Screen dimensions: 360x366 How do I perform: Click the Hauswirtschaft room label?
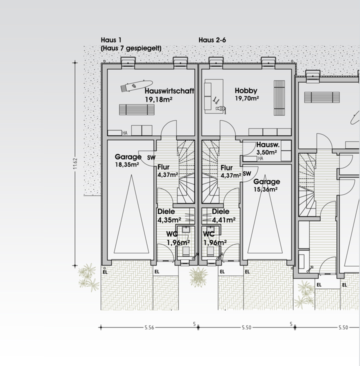point(169,91)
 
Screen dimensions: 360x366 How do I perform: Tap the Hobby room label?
point(246,90)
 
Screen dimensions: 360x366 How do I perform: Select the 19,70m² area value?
point(247,98)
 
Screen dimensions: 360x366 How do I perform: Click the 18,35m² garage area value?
point(127,164)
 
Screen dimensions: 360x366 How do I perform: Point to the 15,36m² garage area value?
point(265,189)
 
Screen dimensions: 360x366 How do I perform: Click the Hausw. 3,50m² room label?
point(268,148)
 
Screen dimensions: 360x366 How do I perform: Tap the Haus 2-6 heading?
point(212,40)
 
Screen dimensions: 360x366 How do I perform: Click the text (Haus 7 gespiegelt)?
point(131,48)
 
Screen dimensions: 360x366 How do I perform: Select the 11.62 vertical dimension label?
point(75,163)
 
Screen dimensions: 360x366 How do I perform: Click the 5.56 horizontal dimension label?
point(149,327)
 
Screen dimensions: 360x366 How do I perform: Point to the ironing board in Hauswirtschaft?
point(136,86)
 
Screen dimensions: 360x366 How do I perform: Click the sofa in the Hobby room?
point(208,96)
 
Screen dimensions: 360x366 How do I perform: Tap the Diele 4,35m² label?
point(169,215)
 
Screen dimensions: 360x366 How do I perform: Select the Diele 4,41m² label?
point(223,215)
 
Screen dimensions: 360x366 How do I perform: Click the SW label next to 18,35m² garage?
point(151,158)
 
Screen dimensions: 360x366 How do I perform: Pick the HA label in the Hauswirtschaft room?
point(125,133)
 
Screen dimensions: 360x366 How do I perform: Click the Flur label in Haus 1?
point(163,167)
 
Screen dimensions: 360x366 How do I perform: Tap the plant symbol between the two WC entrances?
point(198,277)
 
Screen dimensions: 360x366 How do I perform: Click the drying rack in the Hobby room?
point(279,98)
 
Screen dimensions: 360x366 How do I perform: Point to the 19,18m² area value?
point(159,99)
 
